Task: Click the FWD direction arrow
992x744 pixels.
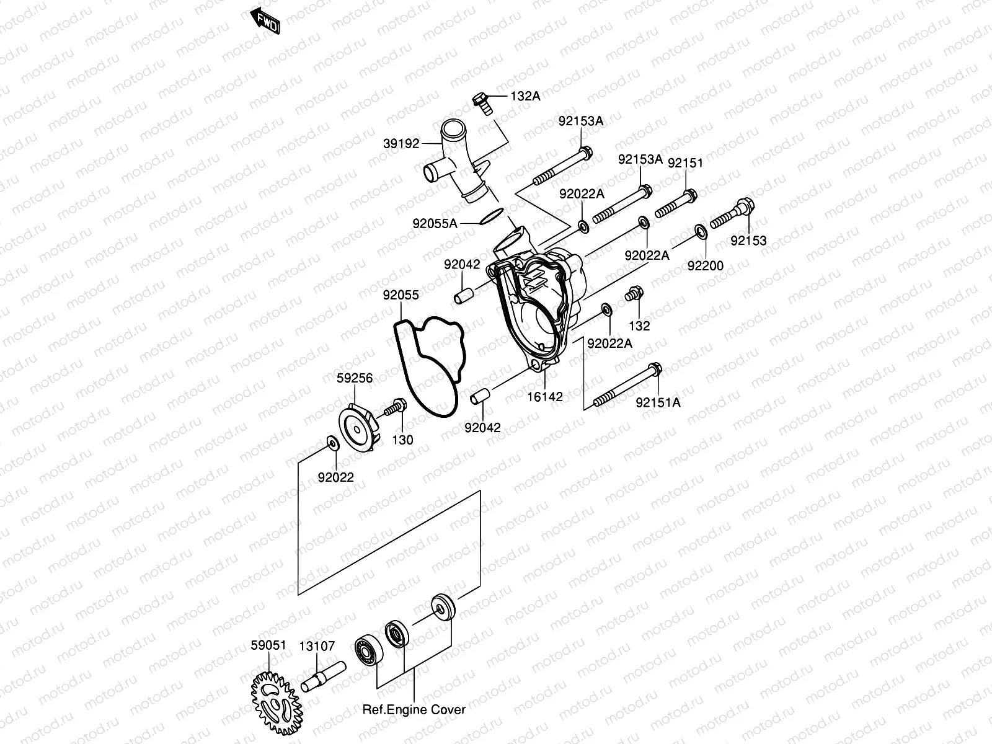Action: coord(265,20)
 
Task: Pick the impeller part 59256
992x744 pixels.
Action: coord(360,424)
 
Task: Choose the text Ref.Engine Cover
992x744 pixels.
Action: coord(414,709)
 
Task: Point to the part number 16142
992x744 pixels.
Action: coord(545,397)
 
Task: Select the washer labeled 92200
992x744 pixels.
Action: coord(701,232)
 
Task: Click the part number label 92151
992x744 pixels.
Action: coord(685,163)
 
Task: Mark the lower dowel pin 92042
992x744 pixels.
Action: coord(482,396)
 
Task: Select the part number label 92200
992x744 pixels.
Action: coord(705,266)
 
